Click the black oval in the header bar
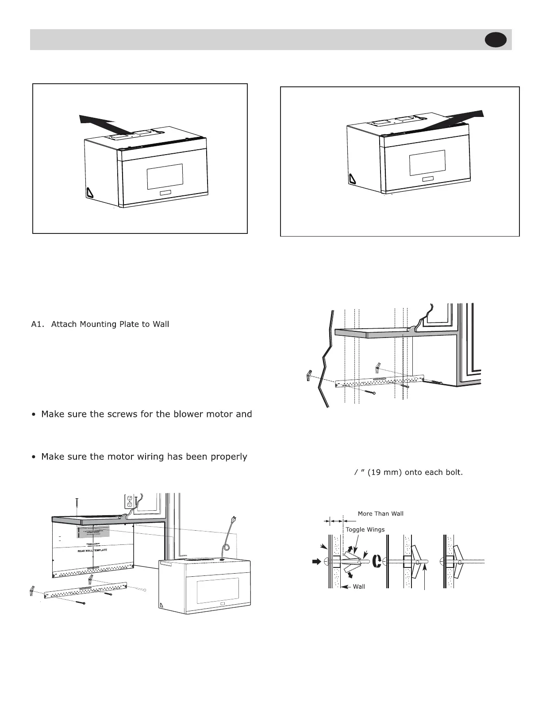coord(496,40)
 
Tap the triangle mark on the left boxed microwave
coord(90,193)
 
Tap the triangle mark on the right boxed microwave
coord(352,179)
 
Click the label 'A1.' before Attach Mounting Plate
coord(38,325)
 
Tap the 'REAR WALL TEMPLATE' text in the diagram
coord(92,551)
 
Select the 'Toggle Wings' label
coord(365,530)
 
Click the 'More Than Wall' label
coord(381,514)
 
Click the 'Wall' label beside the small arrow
coord(359,586)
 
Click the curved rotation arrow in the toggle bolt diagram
coord(377,561)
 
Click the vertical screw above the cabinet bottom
coord(77,504)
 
